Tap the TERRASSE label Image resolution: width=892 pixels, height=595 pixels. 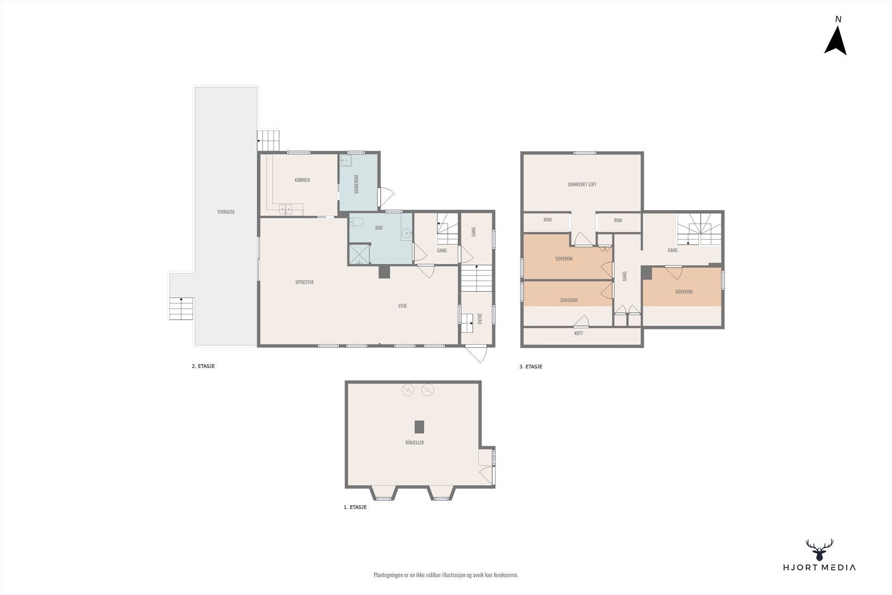(x=226, y=212)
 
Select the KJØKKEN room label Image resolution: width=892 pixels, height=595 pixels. (x=302, y=180)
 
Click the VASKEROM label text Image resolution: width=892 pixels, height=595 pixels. (x=356, y=185)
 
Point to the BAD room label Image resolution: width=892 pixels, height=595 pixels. (x=379, y=228)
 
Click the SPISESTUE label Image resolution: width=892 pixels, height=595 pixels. (x=304, y=282)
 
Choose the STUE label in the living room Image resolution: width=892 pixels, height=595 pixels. (x=403, y=306)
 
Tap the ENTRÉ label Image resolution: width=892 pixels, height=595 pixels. (x=480, y=318)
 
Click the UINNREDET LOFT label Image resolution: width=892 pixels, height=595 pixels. (x=582, y=185)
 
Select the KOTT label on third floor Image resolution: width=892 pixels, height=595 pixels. (x=579, y=333)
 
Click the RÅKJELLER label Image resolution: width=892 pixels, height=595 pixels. (x=415, y=442)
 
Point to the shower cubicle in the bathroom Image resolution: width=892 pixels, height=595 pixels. (x=360, y=254)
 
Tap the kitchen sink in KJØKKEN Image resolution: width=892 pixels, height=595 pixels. (x=285, y=209)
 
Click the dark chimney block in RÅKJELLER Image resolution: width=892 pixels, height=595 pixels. (x=419, y=427)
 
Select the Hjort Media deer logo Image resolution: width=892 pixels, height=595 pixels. (x=820, y=550)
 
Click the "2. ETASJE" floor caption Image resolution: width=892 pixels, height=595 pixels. (x=203, y=366)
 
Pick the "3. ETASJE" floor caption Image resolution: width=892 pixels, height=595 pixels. (x=531, y=367)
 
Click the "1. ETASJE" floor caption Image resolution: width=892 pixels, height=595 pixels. (x=355, y=507)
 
